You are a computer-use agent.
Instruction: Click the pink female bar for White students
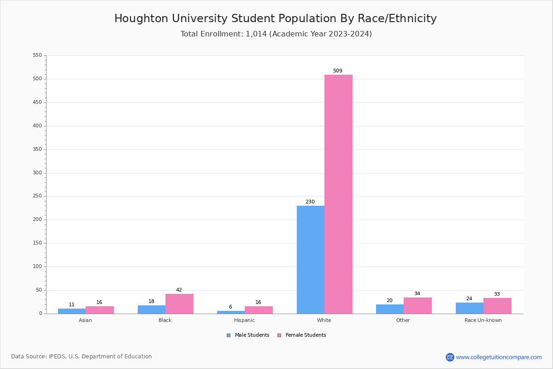(x=338, y=194)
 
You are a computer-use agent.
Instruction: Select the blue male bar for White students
(x=311, y=259)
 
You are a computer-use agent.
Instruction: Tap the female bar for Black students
(x=179, y=304)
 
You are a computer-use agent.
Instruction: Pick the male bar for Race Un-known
(x=470, y=308)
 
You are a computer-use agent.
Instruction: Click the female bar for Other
(x=418, y=305)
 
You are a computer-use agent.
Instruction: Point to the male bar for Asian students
(x=72, y=311)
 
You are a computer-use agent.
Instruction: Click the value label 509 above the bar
(x=338, y=71)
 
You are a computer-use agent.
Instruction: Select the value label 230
(x=310, y=202)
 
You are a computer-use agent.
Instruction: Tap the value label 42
(x=179, y=290)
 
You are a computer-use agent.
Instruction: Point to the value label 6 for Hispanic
(x=230, y=307)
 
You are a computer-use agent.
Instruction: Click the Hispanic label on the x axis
(x=244, y=320)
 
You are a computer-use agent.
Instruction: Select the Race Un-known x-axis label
(x=483, y=320)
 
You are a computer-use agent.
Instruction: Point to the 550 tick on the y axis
(x=37, y=55)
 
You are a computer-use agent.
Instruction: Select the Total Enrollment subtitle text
(x=276, y=34)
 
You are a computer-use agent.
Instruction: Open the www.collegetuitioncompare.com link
(x=499, y=357)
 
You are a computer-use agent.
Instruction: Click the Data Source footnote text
(x=82, y=357)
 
